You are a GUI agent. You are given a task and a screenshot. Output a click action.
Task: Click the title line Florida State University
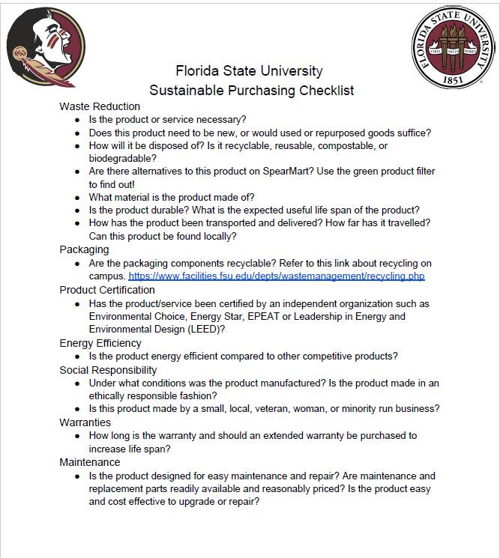tap(249, 71)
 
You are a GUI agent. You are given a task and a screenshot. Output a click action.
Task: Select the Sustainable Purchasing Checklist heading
tap(251, 91)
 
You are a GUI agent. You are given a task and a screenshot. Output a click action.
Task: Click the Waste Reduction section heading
tap(100, 106)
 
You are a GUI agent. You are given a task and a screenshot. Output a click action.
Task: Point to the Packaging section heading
tap(84, 249)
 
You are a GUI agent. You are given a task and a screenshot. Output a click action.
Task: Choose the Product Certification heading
tap(107, 290)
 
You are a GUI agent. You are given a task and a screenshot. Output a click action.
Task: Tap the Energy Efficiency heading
tap(100, 343)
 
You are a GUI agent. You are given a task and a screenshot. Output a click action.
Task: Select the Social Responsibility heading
tap(108, 370)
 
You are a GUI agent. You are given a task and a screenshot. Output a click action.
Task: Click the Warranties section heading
tap(85, 422)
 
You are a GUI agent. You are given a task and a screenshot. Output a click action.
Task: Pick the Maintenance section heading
tap(90, 462)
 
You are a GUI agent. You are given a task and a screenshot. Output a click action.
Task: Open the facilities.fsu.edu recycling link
tap(277, 276)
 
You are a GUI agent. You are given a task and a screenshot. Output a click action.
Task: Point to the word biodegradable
tap(122, 158)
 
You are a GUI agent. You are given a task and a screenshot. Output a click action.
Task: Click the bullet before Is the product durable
tap(78, 210)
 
